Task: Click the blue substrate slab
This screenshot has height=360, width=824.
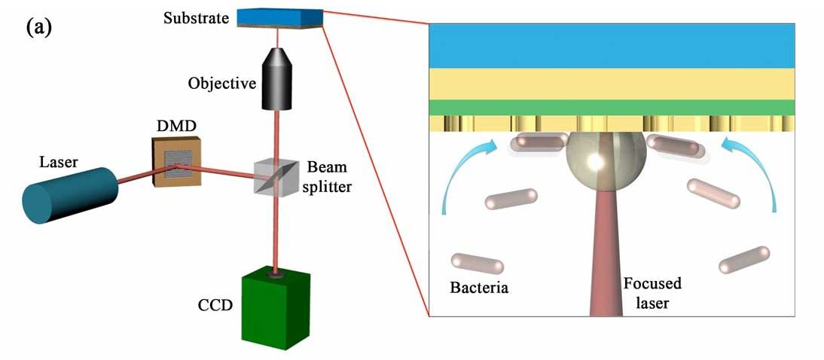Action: (x=279, y=16)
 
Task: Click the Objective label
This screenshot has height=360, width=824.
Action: (x=222, y=83)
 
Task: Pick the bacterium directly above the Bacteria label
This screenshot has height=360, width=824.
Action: (x=477, y=264)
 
